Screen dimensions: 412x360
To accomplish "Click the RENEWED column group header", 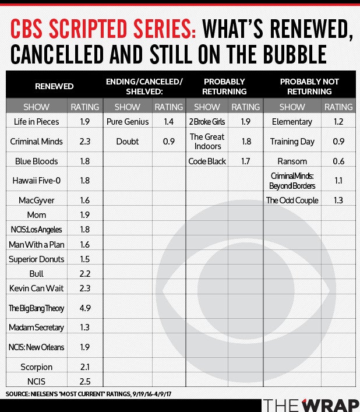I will tap(54, 86).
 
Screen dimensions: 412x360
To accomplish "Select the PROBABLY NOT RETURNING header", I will tap(309, 86).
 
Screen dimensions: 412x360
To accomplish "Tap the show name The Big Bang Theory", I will tap(36, 308).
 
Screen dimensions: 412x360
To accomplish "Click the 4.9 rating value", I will tap(85, 308).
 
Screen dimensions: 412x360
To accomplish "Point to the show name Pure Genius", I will tap(128, 122).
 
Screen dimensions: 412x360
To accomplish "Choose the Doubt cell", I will tap(128, 142).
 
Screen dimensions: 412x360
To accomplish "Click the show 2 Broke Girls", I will tap(207, 122).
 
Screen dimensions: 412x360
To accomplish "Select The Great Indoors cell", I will tap(207, 142).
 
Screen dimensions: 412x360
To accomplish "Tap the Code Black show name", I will tap(207, 161).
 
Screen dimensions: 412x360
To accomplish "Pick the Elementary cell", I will tap(292, 122).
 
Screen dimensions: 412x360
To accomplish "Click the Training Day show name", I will tap(292, 142).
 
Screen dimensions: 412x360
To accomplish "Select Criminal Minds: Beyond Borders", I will tap(292, 181).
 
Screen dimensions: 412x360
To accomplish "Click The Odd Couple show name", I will tap(292, 200).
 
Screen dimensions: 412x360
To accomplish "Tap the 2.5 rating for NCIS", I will tap(85, 381).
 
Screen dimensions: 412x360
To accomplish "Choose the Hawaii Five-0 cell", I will tap(36, 181).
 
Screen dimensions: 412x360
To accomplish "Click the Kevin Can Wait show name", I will tap(36, 288).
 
